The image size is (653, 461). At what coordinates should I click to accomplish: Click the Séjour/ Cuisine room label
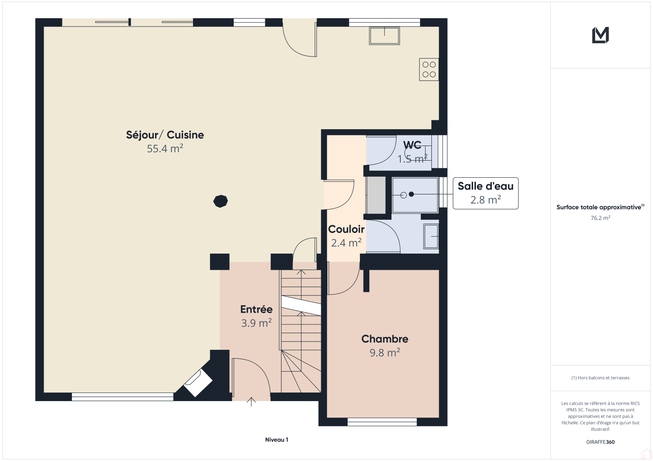(165, 135)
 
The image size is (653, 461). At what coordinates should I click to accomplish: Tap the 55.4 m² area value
(165, 148)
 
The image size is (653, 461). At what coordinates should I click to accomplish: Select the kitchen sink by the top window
(384, 36)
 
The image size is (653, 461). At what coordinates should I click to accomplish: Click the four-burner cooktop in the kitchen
(429, 69)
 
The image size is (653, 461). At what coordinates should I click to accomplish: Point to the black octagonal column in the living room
(220, 201)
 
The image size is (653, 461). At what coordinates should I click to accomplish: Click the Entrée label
(256, 309)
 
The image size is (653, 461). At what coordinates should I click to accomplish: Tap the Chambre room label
(385, 339)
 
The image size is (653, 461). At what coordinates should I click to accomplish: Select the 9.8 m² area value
(385, 353)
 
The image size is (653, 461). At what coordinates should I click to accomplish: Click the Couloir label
(346, 229)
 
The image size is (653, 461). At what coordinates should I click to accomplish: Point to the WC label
(412, 145)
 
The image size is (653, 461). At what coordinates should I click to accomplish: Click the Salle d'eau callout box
(485, 193)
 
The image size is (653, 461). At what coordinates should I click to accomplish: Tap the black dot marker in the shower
(411, 194)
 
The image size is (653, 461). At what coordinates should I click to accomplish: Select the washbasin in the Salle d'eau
(431, 236)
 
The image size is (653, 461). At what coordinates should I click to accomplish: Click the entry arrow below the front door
(251, 402)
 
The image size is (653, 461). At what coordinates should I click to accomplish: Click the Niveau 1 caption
(276, 439)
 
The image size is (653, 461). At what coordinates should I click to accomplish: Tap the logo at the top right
(600, 35)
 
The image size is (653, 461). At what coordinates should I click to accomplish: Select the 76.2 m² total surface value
(600, 218)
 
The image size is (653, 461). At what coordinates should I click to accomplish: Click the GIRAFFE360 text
(600, 442)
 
